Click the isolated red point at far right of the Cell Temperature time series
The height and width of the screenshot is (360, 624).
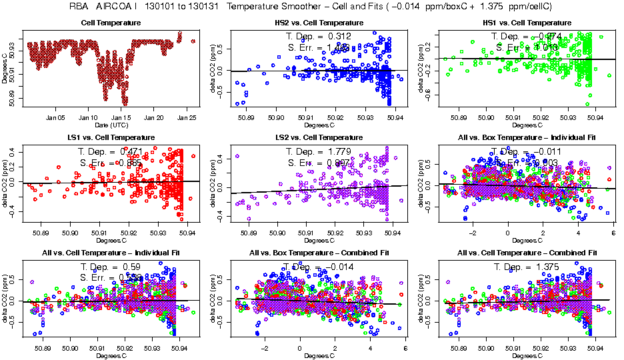193,41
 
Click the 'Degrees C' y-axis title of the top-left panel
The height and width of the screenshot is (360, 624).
6,68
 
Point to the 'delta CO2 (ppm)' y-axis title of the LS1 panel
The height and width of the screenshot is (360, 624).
6,183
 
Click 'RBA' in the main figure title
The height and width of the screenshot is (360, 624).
79,7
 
